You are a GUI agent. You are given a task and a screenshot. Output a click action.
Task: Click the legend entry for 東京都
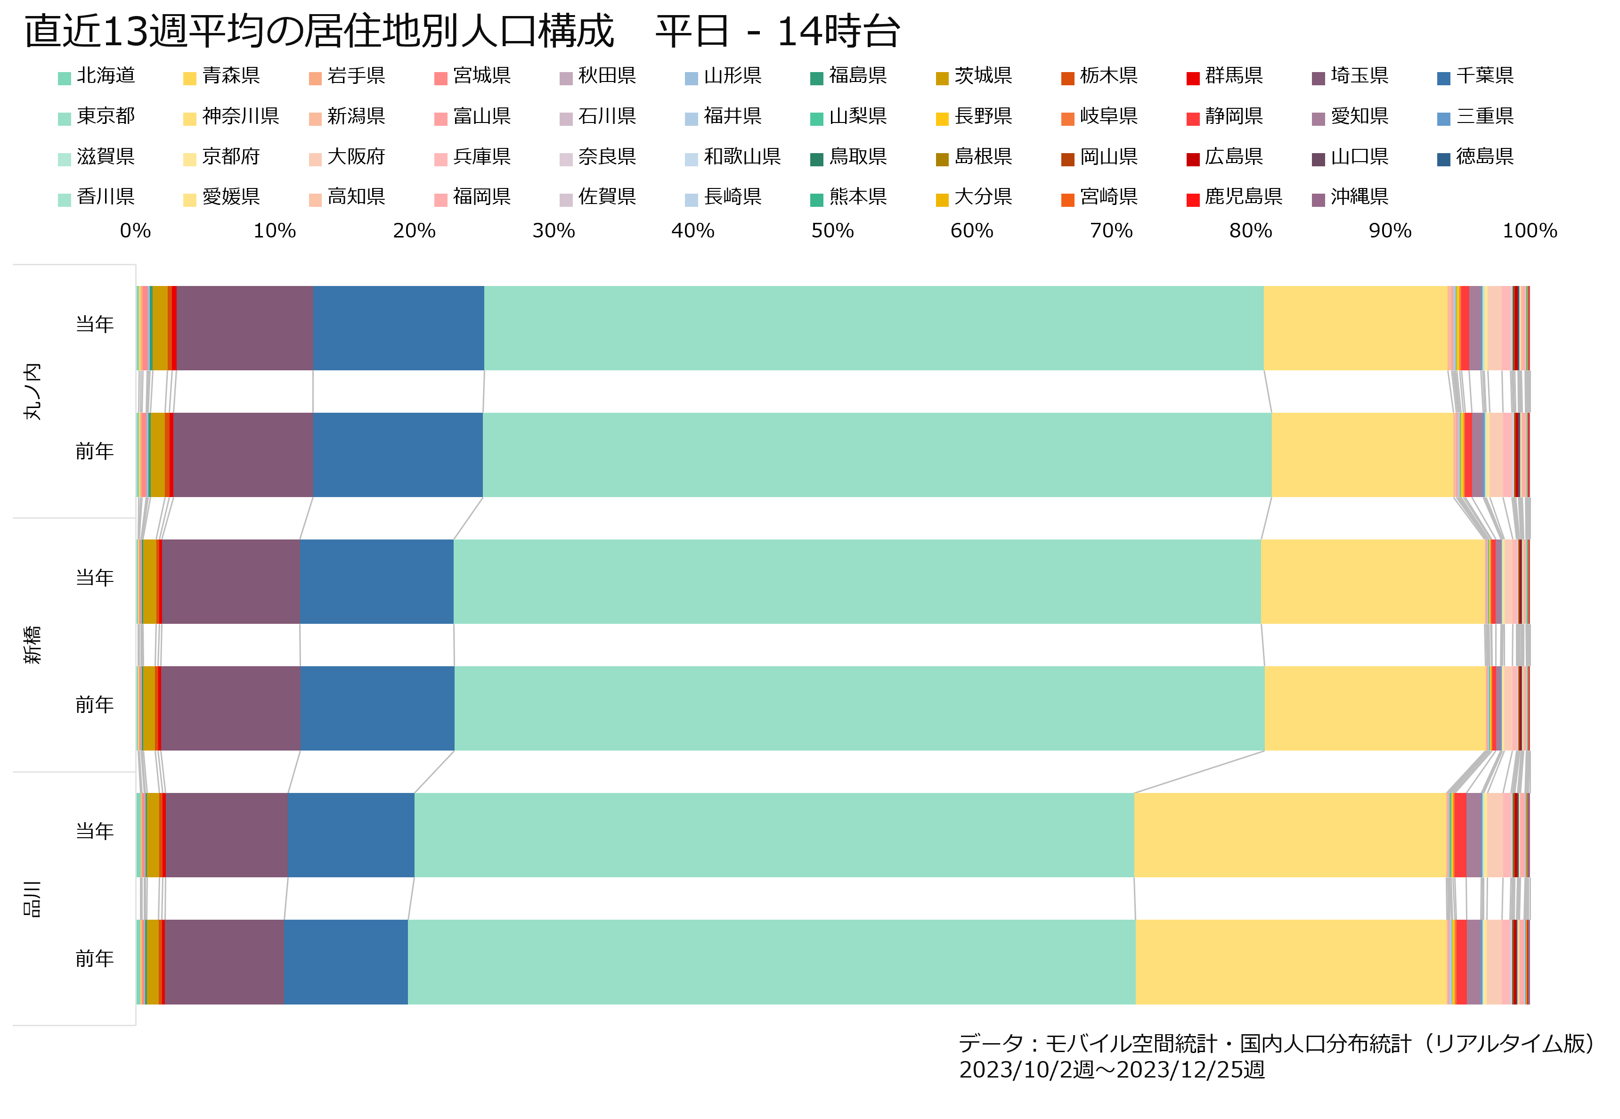(97, 116)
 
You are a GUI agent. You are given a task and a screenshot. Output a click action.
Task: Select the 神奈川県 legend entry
(231, 116)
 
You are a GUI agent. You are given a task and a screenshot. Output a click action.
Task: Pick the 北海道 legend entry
(97, 76)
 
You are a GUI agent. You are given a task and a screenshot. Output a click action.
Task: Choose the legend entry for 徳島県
(1475, 157)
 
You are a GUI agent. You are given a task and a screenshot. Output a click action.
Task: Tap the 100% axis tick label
(1530, 231)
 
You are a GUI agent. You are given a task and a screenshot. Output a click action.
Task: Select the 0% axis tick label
(135, 231)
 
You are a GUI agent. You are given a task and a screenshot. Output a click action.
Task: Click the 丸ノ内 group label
(32, 391)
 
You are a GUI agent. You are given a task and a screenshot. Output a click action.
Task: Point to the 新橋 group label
(32, 645)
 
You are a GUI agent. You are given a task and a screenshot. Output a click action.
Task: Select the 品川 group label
(32, 899)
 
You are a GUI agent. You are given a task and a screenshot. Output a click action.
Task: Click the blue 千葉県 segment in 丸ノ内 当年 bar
(399, 328)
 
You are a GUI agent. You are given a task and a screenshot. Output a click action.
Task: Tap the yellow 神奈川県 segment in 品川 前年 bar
(1291, 962)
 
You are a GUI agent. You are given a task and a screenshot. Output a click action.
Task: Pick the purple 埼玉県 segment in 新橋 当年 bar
(231, 582)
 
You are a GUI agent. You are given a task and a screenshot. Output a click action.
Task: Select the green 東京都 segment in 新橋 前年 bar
(859, 709)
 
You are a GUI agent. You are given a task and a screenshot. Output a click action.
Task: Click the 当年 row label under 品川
(95, 832)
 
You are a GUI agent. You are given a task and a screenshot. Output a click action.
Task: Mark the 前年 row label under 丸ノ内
(95, 451)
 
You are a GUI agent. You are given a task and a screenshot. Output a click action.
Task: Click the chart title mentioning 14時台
(463, 32)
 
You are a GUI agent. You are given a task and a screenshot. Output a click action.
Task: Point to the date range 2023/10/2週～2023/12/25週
(1112, 1070)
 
